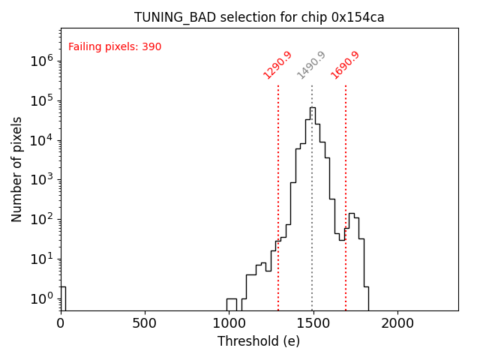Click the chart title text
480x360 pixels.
point(259,17)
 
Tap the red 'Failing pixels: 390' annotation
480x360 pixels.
point(115,47)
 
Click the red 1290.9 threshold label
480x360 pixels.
point(278,65)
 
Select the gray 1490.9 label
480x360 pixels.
point(311,65)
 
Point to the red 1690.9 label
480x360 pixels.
point(346,65)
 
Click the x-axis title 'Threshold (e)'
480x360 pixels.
point(259,341)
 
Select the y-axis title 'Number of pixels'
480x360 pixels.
point(17,169)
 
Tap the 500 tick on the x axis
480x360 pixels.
point(145,323)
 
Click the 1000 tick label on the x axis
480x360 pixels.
point(229,323)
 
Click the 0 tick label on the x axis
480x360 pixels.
point(61,323)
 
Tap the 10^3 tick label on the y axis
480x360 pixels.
point(42,180)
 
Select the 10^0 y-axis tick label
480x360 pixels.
point(42,298)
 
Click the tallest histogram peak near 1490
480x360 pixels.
point(312,109)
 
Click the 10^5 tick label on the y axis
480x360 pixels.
point(42,101)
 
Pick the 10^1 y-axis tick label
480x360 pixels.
point(42,259)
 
